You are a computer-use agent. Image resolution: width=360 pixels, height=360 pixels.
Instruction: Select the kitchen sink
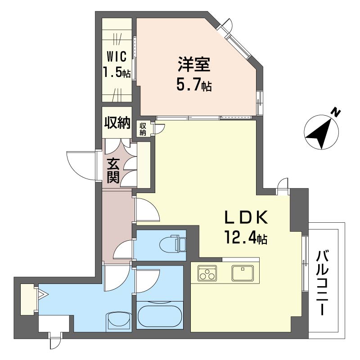[243, 273]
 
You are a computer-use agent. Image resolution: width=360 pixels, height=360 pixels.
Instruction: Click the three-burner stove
[207, 273]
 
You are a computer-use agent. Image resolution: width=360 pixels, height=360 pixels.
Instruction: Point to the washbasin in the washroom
[118, 322]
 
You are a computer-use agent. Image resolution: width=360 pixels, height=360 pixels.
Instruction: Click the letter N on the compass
[336, 113]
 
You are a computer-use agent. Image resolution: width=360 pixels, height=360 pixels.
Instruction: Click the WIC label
[117, 57]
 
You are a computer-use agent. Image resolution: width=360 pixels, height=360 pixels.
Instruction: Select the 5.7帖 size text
[194, 85]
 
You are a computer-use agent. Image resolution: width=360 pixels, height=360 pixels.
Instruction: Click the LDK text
[246, 217]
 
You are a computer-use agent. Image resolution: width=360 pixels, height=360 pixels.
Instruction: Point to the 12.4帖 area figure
[246, 238]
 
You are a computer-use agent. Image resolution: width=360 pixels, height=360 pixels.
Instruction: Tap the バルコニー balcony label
[323, 283]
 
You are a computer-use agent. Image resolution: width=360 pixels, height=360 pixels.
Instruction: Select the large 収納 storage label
[117, 122]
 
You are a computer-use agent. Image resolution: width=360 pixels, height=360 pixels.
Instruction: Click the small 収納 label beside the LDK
[143, 129]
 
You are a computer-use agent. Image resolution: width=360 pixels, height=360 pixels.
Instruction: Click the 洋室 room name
[194, 64]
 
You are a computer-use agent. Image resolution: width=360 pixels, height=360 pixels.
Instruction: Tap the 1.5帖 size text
[117, 72]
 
